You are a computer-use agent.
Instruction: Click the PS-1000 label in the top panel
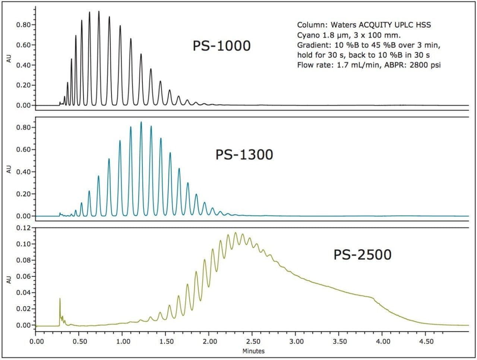coord(221,46)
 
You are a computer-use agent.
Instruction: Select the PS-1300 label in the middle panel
coord(244,154)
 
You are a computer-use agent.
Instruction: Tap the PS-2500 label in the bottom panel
coord(362,255)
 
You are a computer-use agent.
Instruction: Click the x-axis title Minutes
coord(253,351)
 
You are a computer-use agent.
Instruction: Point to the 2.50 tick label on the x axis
coord(253,341)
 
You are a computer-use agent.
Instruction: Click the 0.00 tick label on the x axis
coord(36,341)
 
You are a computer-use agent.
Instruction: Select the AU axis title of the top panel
coord(9,60)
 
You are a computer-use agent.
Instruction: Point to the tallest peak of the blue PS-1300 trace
coord(141,122)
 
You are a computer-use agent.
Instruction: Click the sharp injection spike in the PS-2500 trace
coord(60,299)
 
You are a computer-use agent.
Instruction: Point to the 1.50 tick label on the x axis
coord(167,341)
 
